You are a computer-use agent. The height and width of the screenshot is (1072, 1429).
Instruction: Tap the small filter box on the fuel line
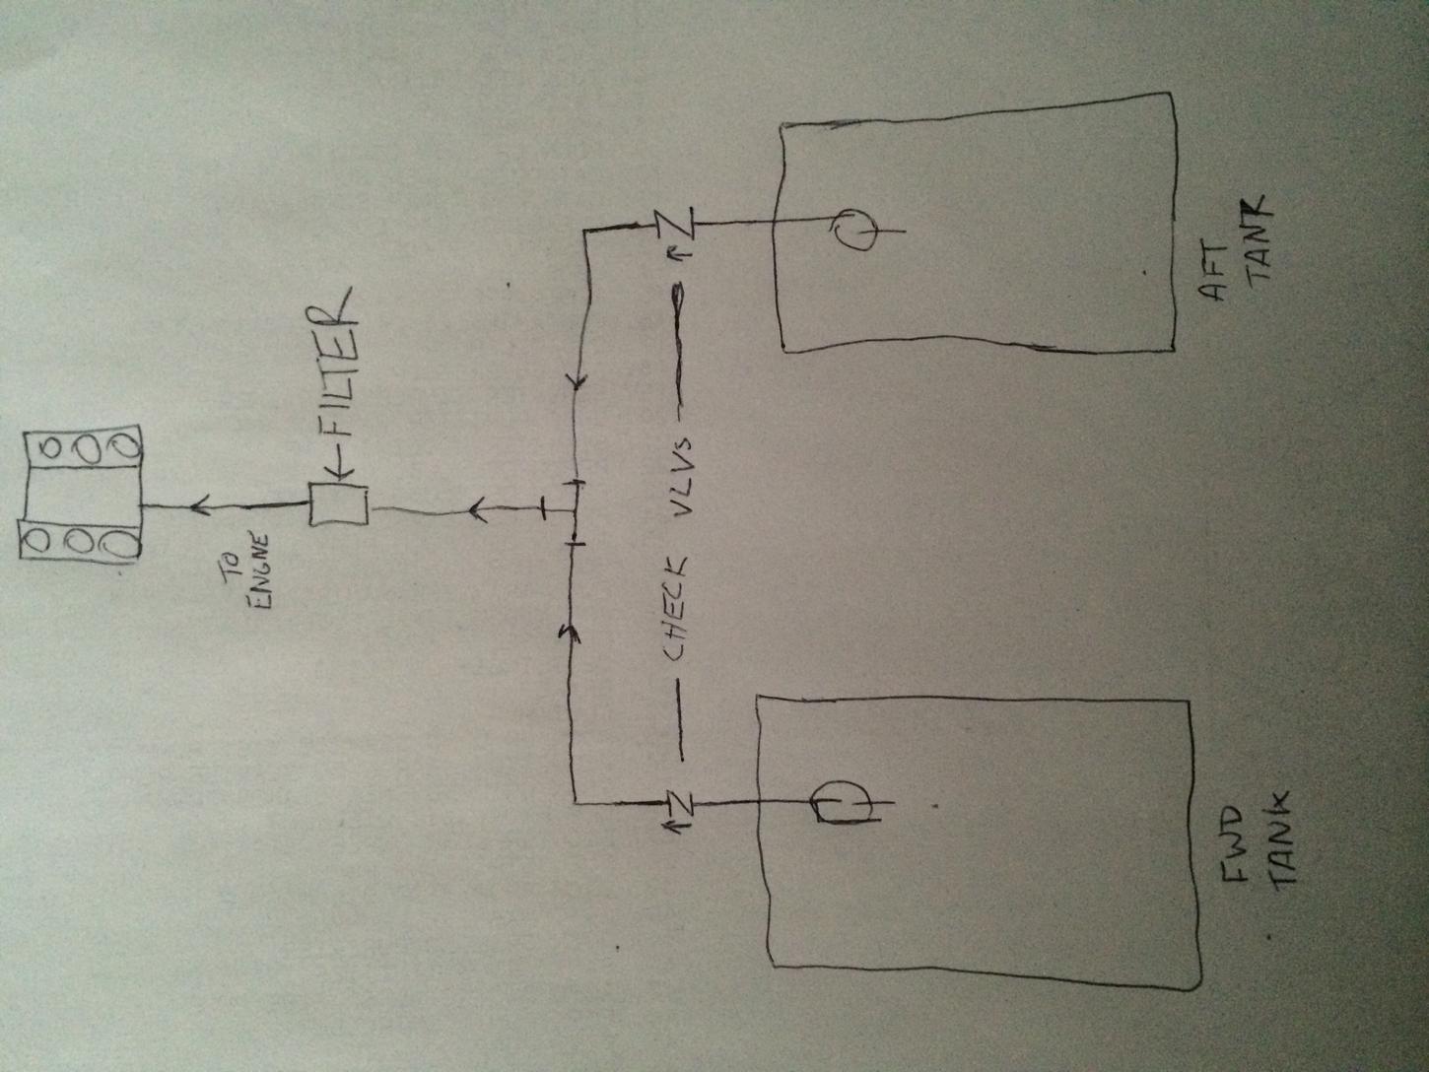click(338, 503)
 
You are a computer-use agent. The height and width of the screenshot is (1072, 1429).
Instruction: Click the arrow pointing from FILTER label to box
click(343, 473)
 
